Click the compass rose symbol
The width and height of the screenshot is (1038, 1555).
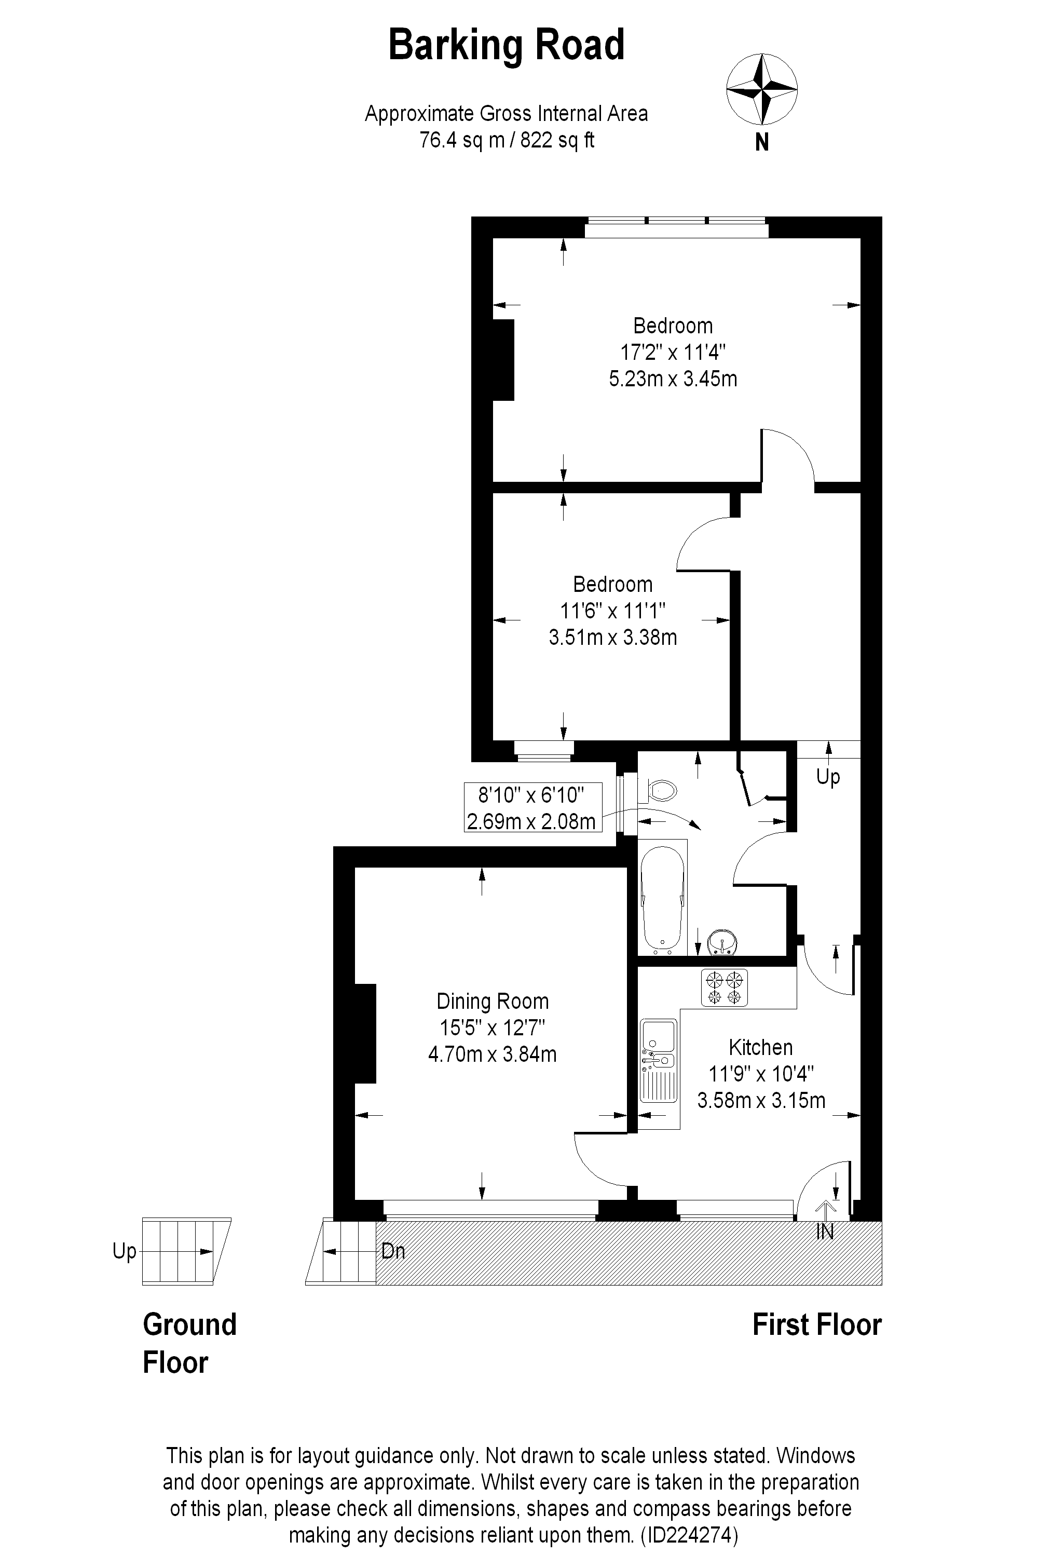point(761,89)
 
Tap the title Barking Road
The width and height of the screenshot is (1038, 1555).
point(507,45)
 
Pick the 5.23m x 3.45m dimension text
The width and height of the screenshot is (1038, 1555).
point(673,379)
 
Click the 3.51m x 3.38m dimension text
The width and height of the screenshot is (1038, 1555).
point(613,637)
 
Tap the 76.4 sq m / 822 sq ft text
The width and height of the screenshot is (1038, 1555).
point(507,140)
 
